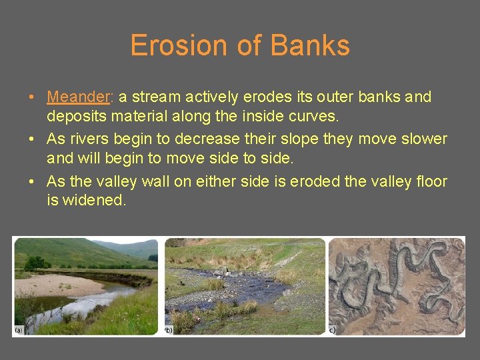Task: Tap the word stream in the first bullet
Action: click(157, 97)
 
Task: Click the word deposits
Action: click(73, 117)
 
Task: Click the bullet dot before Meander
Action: click(32, 97)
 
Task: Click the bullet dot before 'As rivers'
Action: click(32, 139)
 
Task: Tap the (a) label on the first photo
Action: click(18, 330)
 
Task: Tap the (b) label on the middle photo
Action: click(169, 330)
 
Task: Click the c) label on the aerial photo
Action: click(333, 330)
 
